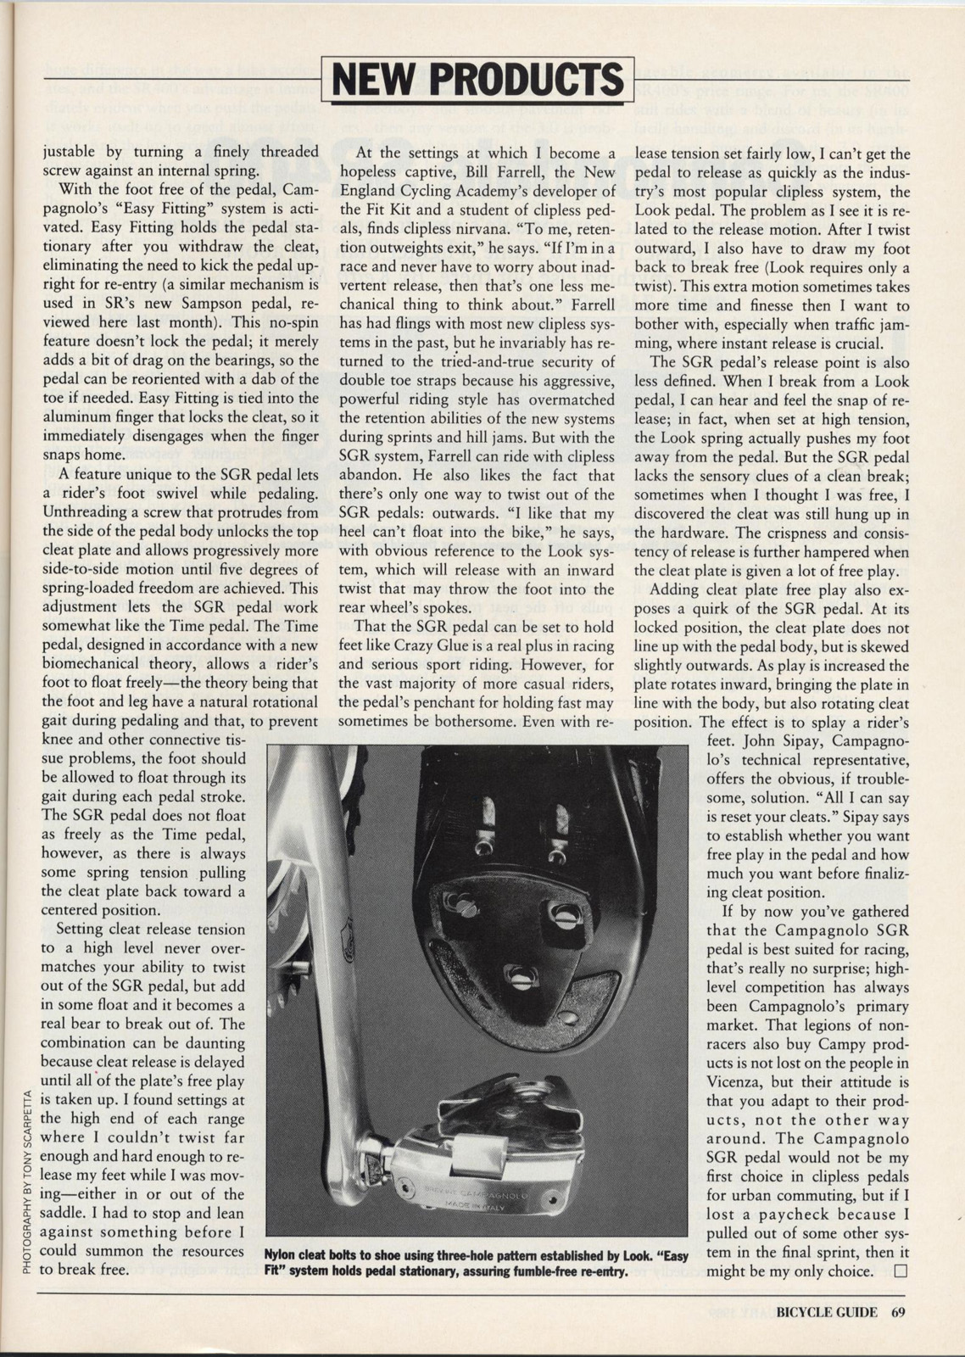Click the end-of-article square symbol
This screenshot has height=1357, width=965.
900,1270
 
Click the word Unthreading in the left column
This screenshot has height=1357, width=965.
87,512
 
